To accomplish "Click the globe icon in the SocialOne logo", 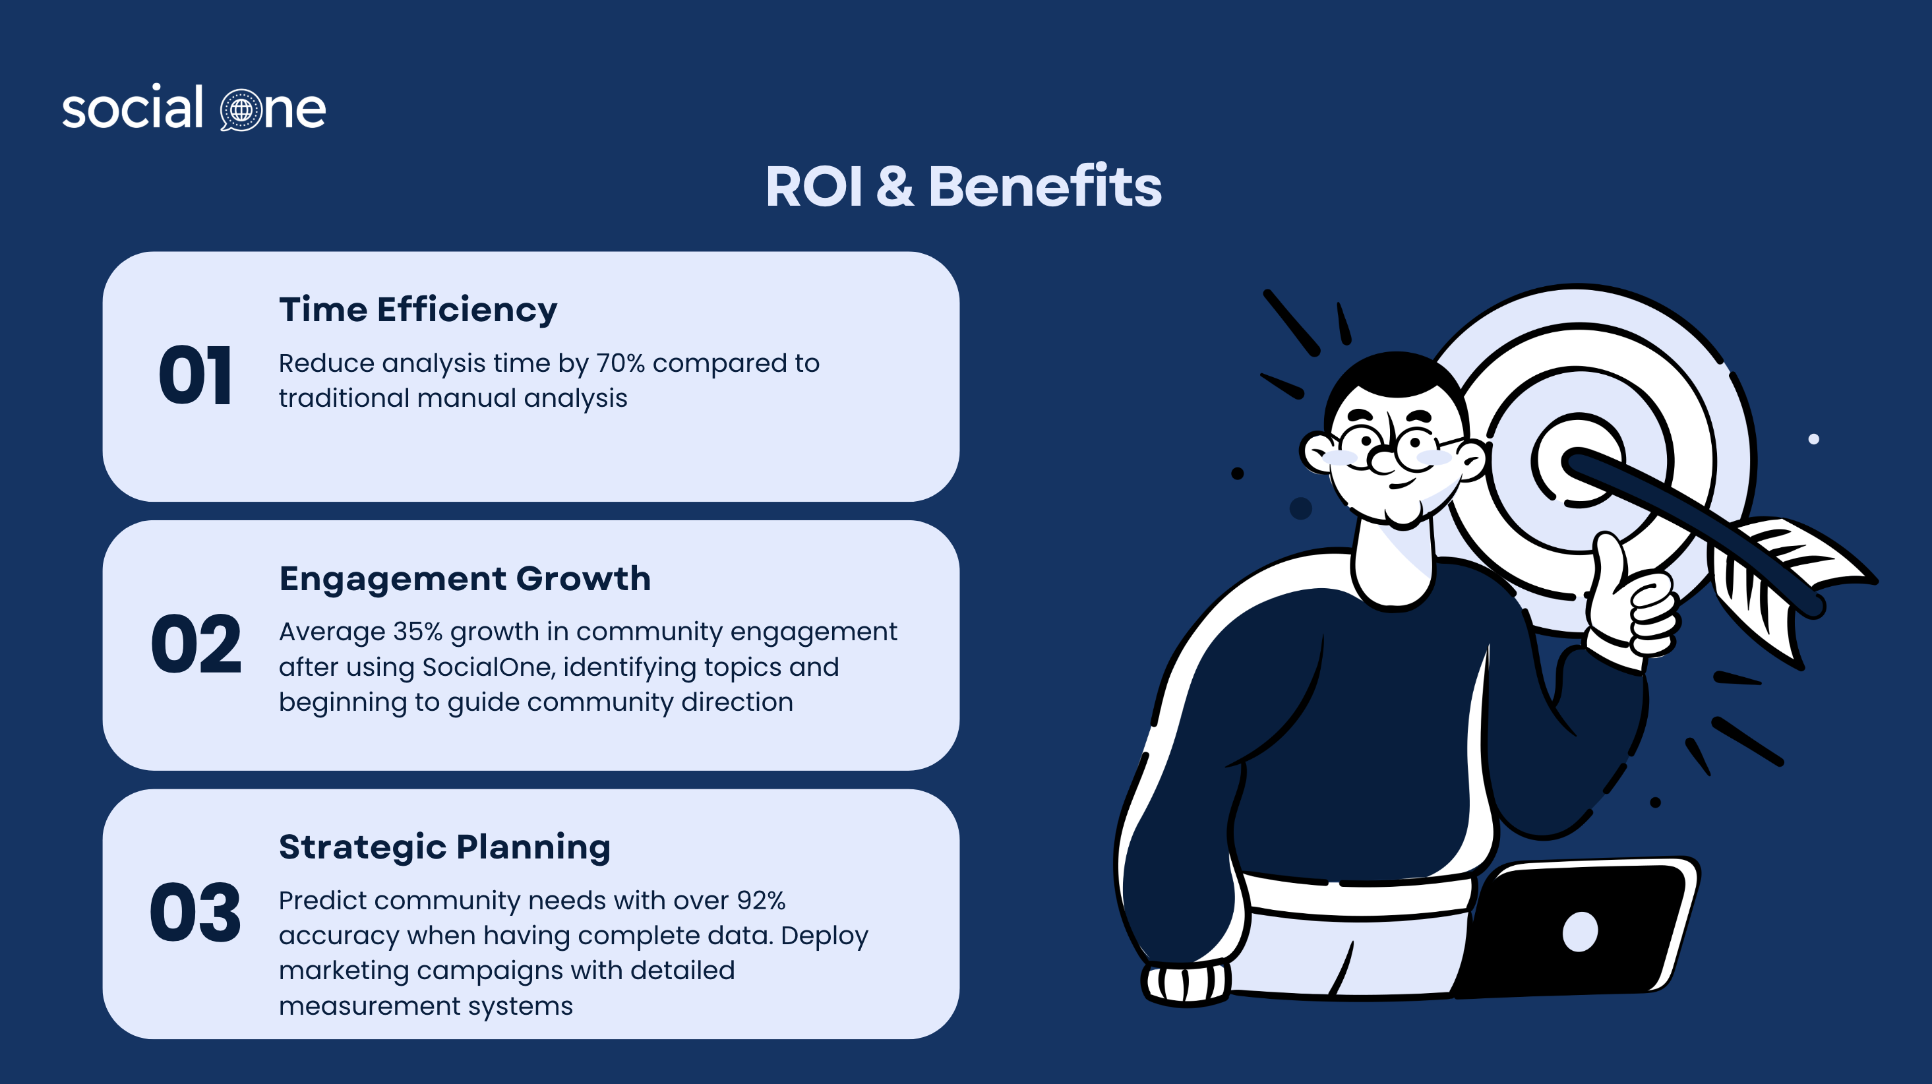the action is [241, 109].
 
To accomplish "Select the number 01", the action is [195, 375].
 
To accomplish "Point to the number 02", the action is [196, 644].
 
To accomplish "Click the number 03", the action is [196, 912].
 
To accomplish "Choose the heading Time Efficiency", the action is [418, 310].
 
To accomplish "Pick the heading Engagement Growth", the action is [465, 578].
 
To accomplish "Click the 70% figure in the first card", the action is [620, 363].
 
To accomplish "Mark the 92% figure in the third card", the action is [761, 900].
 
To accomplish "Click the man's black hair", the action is [1395, 382].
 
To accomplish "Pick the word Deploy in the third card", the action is [824, 936].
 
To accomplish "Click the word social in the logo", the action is [133, 107].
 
